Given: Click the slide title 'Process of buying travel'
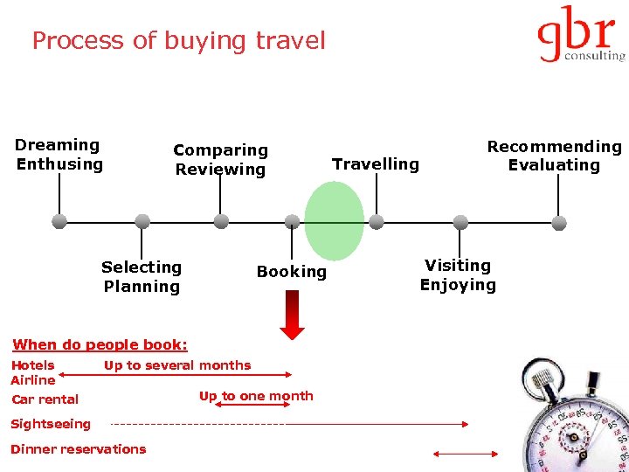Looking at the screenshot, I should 178,41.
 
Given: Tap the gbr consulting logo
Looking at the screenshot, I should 580,35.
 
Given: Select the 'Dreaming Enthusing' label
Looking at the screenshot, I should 59,155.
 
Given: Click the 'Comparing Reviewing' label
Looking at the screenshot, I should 220,160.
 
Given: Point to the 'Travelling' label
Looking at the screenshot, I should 376,164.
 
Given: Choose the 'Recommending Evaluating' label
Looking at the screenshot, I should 554,156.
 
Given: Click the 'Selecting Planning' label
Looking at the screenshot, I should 142,276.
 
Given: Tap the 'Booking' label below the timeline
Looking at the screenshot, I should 292,272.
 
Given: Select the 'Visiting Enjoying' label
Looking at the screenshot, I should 458,274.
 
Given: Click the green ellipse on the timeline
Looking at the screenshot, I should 334,220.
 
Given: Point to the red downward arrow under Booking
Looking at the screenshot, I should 293,315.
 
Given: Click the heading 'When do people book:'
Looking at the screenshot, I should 100,344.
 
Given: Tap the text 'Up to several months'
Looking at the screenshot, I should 177,365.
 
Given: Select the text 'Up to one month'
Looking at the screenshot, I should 256,396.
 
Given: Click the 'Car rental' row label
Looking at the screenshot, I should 45,399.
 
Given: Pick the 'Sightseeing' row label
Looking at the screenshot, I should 51,424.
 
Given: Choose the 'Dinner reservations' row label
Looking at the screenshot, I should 78,449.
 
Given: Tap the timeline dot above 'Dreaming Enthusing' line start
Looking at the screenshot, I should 59,221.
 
